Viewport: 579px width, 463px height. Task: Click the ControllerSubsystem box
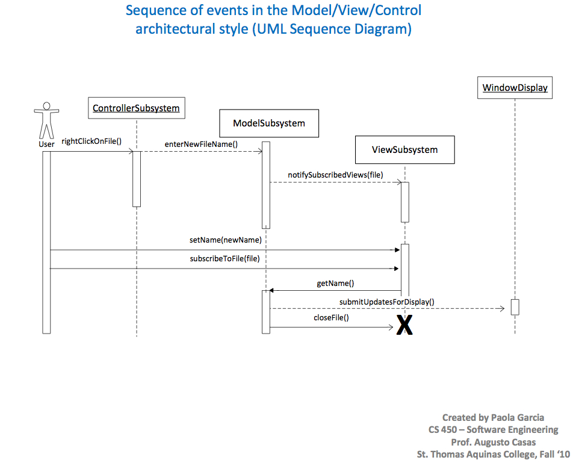136,108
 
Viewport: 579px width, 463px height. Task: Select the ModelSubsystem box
269,123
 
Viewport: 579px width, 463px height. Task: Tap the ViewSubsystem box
404,150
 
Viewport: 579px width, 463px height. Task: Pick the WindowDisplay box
515,88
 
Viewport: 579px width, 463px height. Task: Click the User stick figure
46,122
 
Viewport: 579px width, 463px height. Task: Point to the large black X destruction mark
404,326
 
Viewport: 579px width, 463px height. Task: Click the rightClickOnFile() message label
91,142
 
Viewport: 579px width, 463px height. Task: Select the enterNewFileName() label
201,144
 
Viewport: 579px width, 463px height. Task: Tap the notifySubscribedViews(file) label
335,175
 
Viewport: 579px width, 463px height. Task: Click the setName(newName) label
226,240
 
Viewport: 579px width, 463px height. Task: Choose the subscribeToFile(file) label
225,259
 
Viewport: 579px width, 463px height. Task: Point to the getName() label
335,282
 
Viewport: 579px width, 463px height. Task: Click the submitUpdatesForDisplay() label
386,302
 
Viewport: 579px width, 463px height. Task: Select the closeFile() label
331,317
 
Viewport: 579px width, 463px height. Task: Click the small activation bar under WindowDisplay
515,306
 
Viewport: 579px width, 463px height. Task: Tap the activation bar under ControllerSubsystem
137,179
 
